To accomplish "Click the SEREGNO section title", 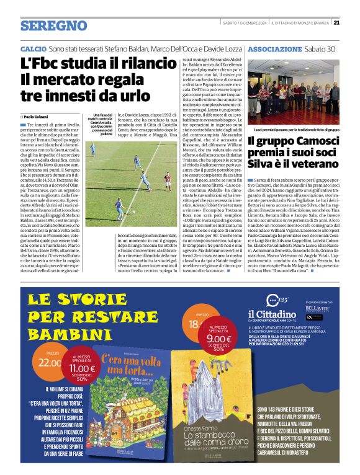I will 53,25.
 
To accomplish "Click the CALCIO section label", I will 33,48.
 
